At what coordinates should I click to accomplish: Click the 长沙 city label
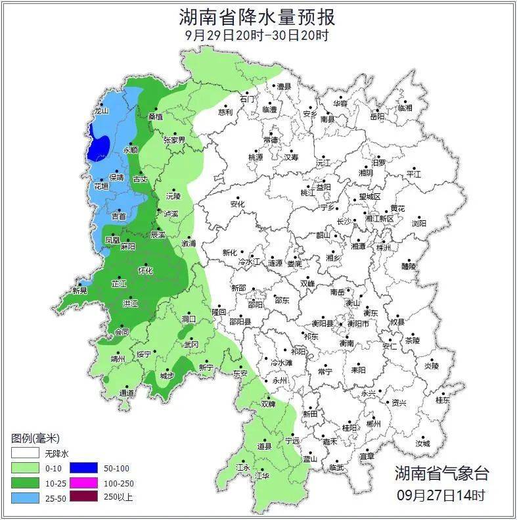pyautogui.click(x=344, y=222)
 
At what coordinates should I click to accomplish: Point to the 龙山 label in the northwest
pyautogui.click(x=101, y=112)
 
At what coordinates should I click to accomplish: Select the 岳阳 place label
pyautogui.click(x=377, y=117)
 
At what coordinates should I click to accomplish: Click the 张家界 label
pyautogui.click(x=174, y=140)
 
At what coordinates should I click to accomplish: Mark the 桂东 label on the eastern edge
pyautogui.click(x=443, y=400)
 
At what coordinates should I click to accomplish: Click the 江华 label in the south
pyautogui.click(x=262, y=475)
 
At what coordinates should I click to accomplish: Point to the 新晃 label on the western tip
pyautogui.click(x=79, y=290)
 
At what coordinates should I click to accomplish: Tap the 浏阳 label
pyautogui.click(x=418, y=224)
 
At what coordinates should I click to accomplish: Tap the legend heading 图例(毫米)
pyautogui.click(x=35, y=438)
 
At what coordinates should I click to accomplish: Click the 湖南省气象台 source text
pyautogui.click(x=441, y=473)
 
